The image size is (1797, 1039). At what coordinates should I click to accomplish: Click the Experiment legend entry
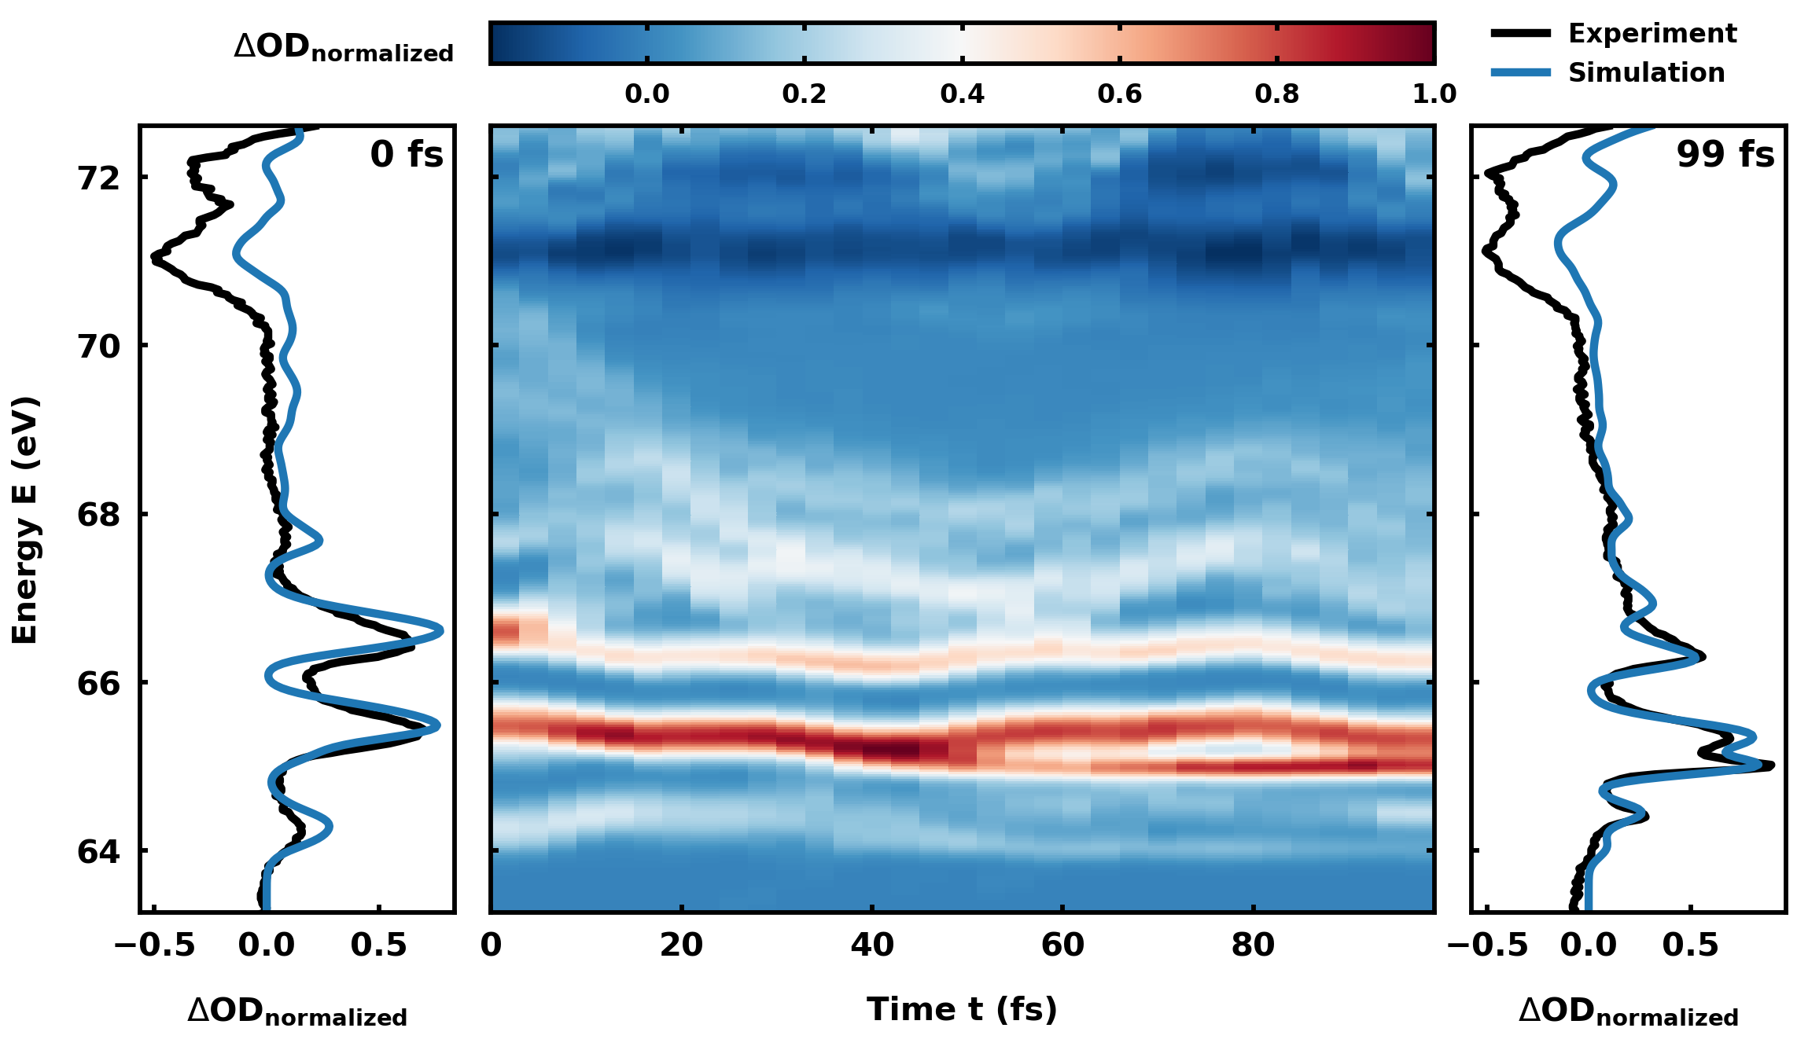pos(1652,34)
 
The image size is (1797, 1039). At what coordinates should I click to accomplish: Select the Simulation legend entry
pos(1646,73)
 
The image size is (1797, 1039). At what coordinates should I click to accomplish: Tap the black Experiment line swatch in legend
pos(1521,34)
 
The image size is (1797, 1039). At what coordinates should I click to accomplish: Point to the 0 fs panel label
pos(407,154)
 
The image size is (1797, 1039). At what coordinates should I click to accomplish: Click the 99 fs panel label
pos(1725,154)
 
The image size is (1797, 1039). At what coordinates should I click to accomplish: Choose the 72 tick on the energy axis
pos(99,178)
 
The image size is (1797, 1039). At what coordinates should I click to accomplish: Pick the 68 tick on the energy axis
pos(99,516)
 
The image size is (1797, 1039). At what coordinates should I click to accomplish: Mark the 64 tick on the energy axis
pos(99,852)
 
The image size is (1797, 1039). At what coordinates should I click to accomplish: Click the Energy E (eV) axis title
pos(25,520)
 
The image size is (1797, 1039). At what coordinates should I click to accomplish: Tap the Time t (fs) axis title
pos(962,1010)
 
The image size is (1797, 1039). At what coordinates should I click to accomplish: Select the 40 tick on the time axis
pos(872,945)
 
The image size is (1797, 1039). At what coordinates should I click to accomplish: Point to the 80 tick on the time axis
pos(1253,945)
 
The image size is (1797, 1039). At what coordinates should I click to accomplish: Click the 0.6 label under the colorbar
pos(1119,94)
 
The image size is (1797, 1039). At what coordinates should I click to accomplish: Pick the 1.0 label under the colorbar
pos(1434,94)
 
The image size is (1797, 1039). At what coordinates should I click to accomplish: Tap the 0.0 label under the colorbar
pos(646,94)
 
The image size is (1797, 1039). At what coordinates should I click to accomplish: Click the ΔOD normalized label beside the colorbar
pos(344,47)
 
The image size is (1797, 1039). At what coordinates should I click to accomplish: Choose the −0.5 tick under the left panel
pos(155,945)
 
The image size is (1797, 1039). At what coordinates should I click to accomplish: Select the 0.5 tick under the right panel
pos(1690,945)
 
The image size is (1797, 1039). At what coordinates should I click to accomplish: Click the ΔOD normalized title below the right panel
pos(1628,1012)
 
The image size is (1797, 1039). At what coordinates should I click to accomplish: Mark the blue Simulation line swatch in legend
pos(1521,73)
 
